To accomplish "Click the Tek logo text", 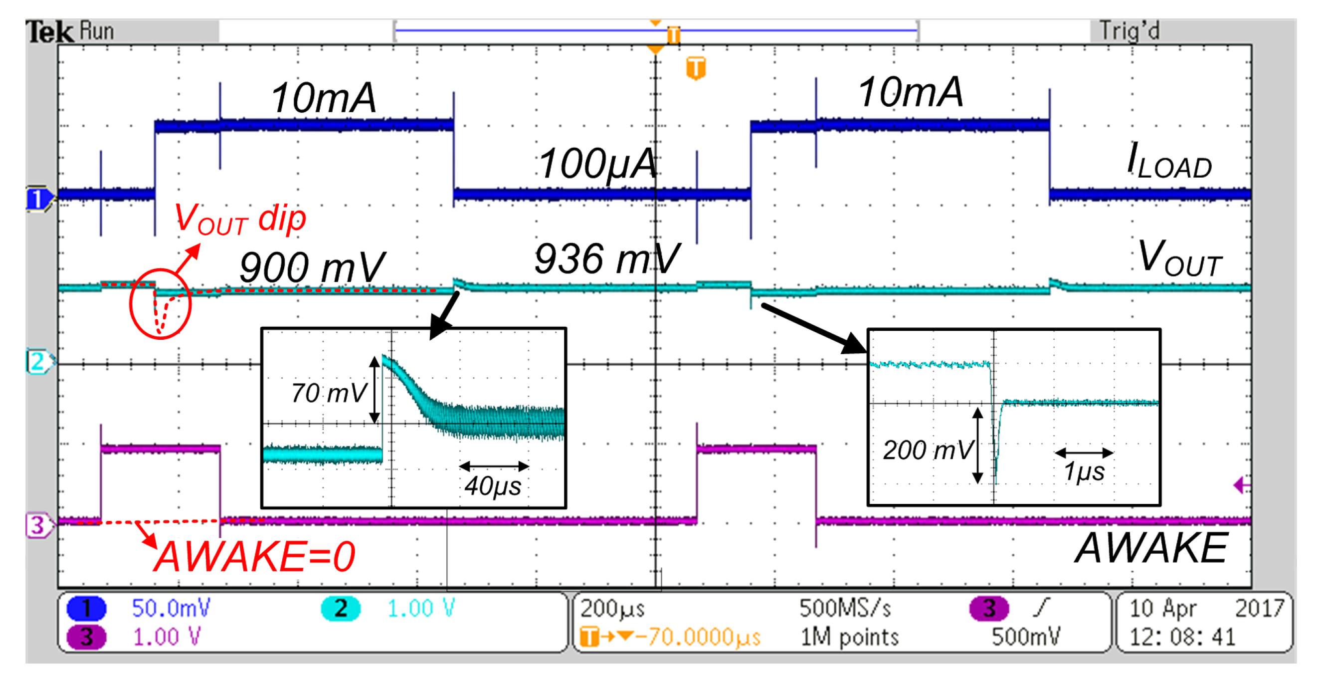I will (49, 32).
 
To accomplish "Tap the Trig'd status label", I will (1129, 31).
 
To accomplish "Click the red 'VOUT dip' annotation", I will (240, 220).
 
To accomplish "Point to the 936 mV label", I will (606, 259).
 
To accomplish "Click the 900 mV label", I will (311, 267).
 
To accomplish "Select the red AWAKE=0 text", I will (254, 556).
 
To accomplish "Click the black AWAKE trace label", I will (1151, 548).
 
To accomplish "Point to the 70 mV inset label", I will (329, 393).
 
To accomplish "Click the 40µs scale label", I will (493, 485).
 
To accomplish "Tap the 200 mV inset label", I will (928, 450).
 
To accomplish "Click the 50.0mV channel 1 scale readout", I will (171, 608).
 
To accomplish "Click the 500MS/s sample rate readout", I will (845, 608).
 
